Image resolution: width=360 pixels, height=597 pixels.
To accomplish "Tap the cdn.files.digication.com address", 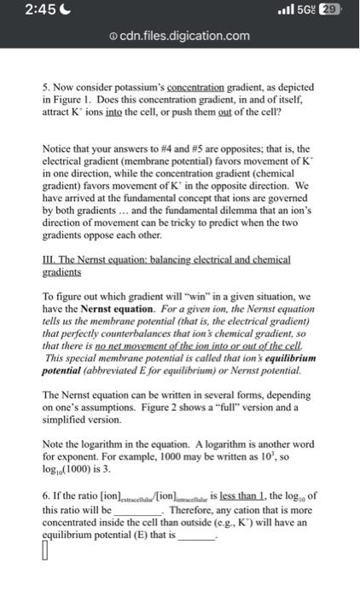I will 184,36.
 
